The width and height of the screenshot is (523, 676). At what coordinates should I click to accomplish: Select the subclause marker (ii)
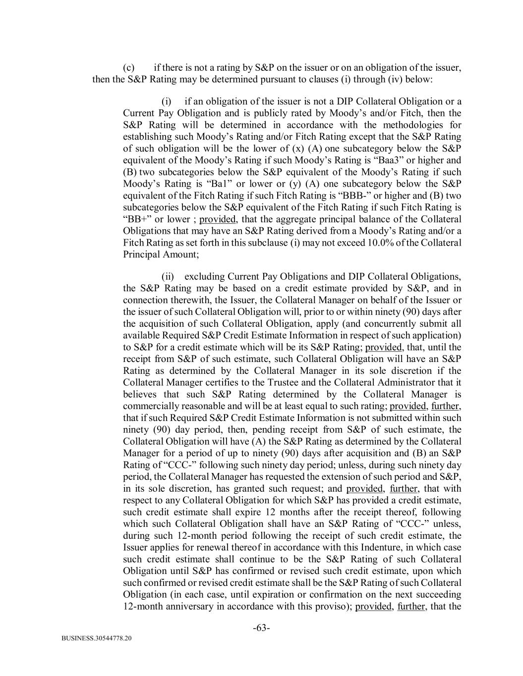tap(168, 276)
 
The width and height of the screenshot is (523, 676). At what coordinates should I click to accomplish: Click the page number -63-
tap(261, 628)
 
